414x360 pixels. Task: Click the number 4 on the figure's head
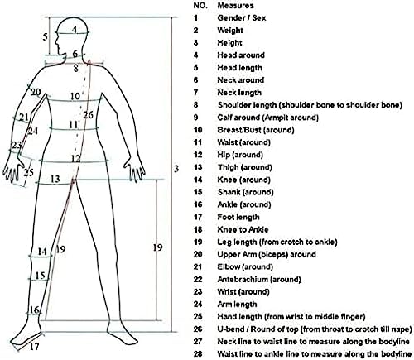point(75,29)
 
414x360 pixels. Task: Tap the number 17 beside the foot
point(34,346)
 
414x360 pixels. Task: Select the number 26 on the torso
point(88,115)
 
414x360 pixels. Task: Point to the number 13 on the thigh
point(55,179)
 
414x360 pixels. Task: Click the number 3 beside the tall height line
point(176,169)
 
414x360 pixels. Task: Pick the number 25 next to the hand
point(28,173)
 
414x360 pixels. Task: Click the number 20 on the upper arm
point(36,92)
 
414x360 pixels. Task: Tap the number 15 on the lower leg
point(41,276)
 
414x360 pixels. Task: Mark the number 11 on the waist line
point(74,125)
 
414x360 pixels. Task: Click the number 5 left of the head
point(45,36)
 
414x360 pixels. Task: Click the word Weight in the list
point(230,31)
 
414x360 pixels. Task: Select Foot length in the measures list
point(238,217)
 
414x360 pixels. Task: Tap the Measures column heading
point(235,5)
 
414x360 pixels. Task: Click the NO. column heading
point(200,5)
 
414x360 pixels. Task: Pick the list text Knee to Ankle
point(243,229)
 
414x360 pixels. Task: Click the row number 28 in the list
point(198,353)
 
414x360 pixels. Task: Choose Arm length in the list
point(237,304)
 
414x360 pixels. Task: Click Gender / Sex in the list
point(242,18)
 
